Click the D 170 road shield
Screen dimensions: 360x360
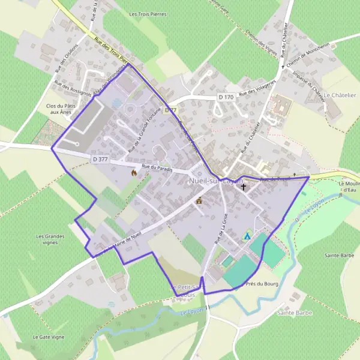point(225,97)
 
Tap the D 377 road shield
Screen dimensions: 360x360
point(100,160)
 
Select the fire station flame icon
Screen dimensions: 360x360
point(134,172)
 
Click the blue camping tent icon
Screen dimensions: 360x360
point(247,236)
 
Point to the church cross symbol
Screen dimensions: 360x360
point(244,187)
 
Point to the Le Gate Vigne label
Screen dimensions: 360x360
point(48,337)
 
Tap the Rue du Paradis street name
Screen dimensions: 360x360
point(157,169)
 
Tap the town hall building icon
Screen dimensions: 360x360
point(199,201)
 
